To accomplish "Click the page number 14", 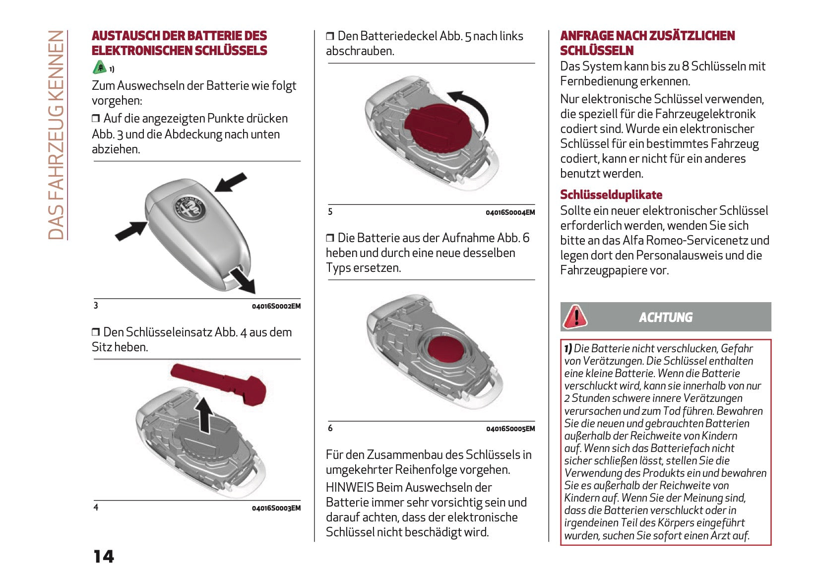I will (x=104, y=557).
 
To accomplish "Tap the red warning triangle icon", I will (x=575, y=317).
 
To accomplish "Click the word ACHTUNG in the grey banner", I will (x=665, y=318).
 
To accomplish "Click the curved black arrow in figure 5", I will (x=472, y=105).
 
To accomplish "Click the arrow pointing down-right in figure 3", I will (x=244, y=281).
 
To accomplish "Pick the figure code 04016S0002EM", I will (x=276, y=306).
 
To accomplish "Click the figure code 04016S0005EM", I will (x=510, y=429).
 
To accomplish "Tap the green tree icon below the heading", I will (x=99, y=67).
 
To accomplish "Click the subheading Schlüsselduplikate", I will (x=611, y=194).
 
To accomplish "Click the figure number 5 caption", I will (x=330, y=211).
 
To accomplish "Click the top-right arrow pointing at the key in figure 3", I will (x=231, y=182).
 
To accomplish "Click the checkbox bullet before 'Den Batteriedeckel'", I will (x=330, y=36).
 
